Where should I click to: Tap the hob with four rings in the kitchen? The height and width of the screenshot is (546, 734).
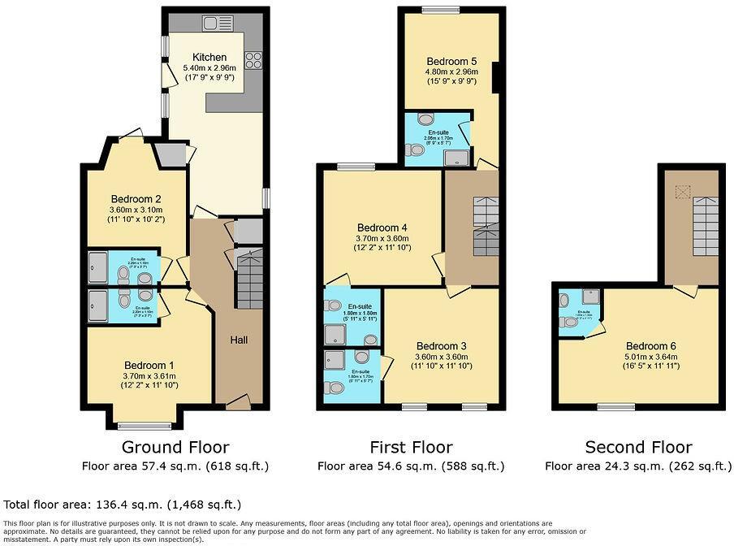point(253,59)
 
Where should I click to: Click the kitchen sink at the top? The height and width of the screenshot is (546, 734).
point(214,23)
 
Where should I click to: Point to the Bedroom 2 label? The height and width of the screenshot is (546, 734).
point(136,198)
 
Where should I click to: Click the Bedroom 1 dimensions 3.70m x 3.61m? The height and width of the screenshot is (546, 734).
point(149,376)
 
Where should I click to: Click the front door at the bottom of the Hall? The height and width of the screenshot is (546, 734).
point(238,401)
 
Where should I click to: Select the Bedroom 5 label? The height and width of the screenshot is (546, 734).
point(451,61)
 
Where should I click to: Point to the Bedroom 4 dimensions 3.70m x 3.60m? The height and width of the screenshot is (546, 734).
point(382,238)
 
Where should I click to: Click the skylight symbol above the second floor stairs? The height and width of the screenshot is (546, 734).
point(682,192)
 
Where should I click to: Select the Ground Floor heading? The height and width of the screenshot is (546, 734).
point(175,447)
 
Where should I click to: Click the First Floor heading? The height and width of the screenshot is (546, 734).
point(411,447)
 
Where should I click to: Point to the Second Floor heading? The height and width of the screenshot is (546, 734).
point(638,447)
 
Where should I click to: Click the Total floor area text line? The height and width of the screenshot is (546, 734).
point(123,505)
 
